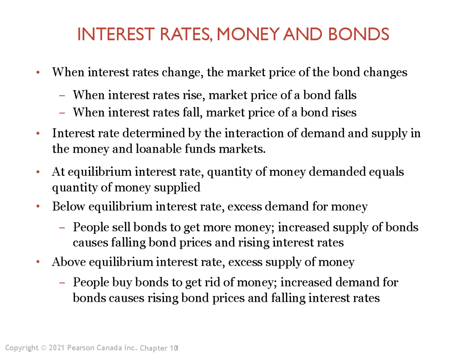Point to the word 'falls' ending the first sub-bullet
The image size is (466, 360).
[345, 95]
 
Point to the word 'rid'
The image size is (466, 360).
[211, 282]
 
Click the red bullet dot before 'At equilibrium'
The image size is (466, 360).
[38, 172]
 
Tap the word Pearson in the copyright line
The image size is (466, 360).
[79, 347]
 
